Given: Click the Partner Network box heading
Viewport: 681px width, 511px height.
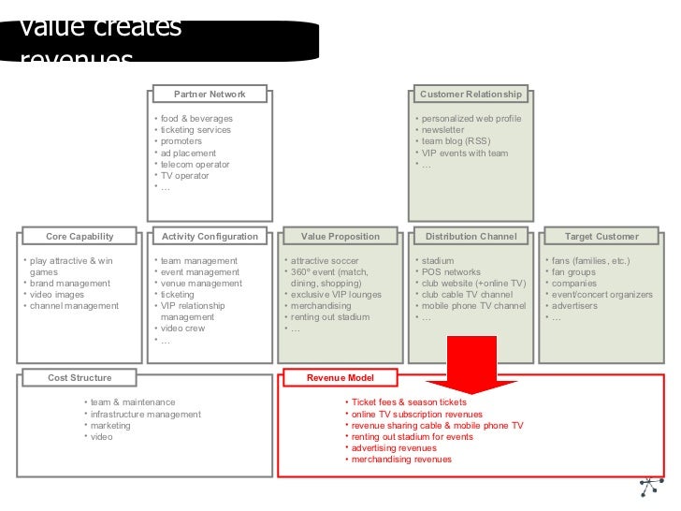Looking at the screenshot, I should pos(210,95).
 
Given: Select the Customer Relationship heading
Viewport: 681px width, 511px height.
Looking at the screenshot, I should pos(471,95).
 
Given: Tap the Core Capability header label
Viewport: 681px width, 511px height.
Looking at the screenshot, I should pos(80,237).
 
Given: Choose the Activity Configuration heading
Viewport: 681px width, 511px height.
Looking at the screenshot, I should pos(210,237).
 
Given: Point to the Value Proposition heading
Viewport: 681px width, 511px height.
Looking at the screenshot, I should pos(340,237).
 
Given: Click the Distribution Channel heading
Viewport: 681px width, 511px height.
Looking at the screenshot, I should pos(471,237).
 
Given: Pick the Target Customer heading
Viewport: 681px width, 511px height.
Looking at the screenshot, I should pos(601,237).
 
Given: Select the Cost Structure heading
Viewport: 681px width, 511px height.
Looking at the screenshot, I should pos(80,378).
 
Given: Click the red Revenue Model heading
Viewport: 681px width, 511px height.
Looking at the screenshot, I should pos(340,378).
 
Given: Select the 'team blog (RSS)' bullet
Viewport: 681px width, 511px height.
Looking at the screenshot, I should pos(456,141).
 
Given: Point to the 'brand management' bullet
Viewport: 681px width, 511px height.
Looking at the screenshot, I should pos(70,284).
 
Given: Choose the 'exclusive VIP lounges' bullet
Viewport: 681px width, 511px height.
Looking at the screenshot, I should pos(336,295).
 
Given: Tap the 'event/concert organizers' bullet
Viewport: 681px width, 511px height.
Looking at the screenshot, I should pos(602,295).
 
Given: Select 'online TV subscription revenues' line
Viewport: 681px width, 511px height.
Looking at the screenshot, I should pos(417,414).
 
